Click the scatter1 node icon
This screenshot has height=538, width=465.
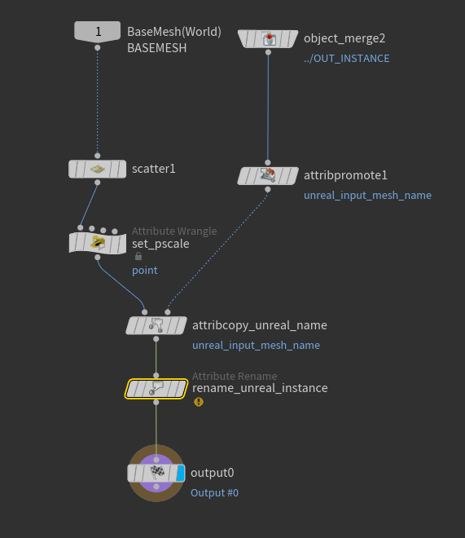point(98,169)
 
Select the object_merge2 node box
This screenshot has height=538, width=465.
point(268,38)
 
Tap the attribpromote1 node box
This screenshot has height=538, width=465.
point(268,175)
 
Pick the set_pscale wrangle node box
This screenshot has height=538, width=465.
point(98,242)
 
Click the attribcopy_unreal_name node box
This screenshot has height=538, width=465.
point(156,325)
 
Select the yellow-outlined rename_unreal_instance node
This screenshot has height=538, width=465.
point(156,388)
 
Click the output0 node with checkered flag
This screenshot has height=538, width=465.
point(156,473)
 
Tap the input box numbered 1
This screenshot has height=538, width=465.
point(98,32)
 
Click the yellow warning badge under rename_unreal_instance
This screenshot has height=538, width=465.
point(198,402)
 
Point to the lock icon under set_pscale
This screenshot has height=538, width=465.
point(138,256)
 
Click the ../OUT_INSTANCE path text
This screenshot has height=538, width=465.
point(346,59)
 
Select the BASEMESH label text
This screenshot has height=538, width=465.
point(156,48)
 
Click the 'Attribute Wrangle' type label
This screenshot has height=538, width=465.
point(174,232)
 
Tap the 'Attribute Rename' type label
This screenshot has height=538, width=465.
point(235,376)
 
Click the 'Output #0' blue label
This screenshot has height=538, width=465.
point(214,493)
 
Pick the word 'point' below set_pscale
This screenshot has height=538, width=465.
point(145,270)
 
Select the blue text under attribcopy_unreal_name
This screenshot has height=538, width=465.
point(256,346)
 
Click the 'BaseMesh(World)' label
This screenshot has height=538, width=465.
point(174,32)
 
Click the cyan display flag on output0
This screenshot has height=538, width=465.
point(181,473)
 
